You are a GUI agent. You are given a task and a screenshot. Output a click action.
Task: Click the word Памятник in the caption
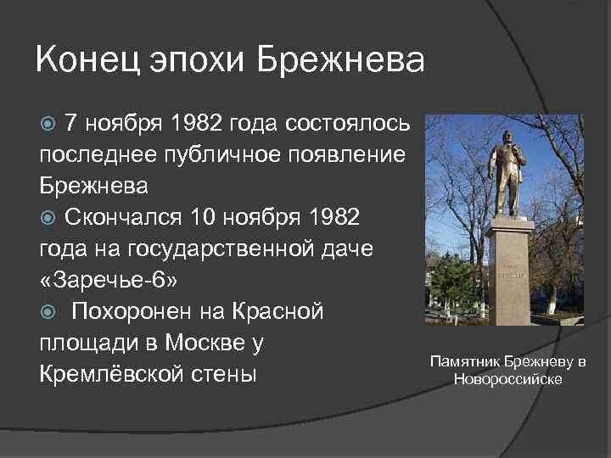pos(462,362)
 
